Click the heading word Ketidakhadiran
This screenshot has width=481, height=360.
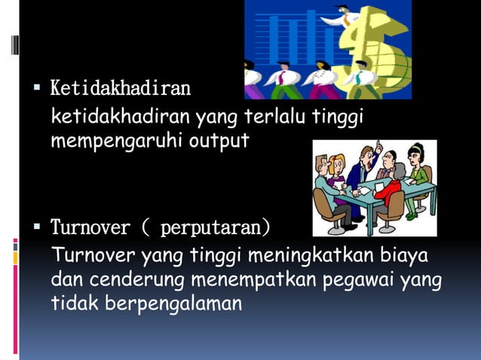pyautogui.click(x=120, y=90)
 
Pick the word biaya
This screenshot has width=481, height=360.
pyautogui.click(x=406, y=256)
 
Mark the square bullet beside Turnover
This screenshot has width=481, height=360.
pyautogui.click(x=36, y=227)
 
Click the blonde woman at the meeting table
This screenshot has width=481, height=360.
pyautogui.click(x=337, y=169)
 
